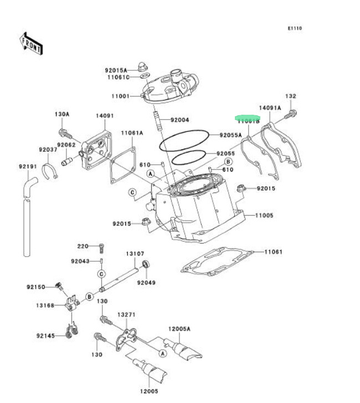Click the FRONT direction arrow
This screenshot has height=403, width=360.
(32, 44)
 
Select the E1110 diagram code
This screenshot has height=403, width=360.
(295, 28)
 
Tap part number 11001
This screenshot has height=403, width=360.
(120, 96)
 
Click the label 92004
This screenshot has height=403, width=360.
(180, 120)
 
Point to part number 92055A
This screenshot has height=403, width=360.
(230, 135)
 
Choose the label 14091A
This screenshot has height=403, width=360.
(270, 108)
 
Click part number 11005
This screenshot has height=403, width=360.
(264, 215)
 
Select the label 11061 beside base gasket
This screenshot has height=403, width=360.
(273, 252)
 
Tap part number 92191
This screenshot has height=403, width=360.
(27, 166)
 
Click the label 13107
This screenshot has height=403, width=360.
(135, 253)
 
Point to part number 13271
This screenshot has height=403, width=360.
(126, 314)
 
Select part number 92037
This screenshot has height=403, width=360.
(48, 150)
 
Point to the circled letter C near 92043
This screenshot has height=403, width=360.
(102, 274)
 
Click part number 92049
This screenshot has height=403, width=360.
(146, 282)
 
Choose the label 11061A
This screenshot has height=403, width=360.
(132, 133)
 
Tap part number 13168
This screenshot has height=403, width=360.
(45, 305)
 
